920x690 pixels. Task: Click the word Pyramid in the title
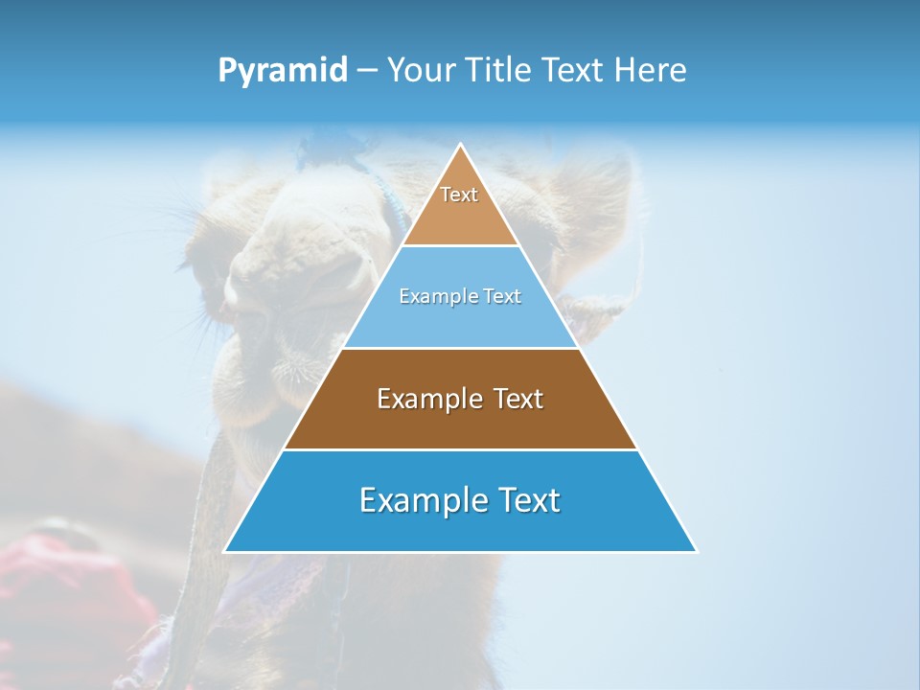click(282, 71)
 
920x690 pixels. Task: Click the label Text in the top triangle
click(459, 195)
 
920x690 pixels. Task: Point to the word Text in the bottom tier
click(527, 501)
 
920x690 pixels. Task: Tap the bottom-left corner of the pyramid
click(226, 551)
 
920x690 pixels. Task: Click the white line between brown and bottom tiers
click(461, 449)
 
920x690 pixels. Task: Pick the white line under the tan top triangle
click(461, 246)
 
